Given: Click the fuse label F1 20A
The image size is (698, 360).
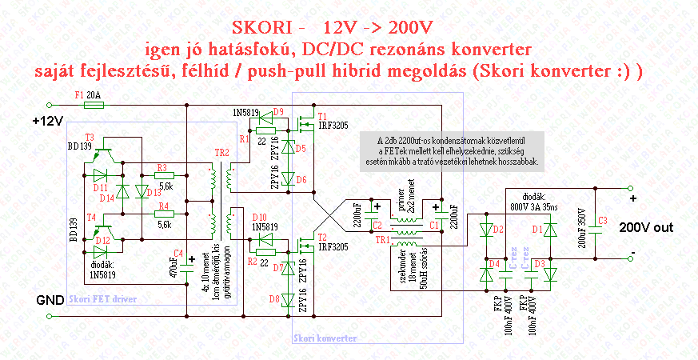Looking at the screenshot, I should [89, 94].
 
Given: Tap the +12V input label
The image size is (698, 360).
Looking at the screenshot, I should [47, 122].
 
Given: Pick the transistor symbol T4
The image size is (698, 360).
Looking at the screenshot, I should [102, 227].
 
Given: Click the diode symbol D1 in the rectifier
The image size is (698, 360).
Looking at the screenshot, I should [548, 230].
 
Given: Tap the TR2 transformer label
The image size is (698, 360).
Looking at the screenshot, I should [221, 152].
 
